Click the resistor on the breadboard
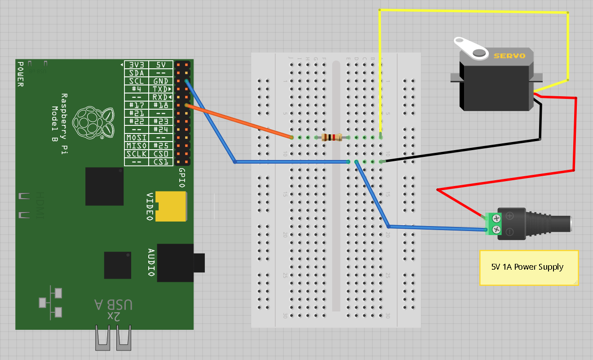pos(332,138)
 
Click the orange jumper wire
pos(238,121)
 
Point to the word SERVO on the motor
pos(509,56)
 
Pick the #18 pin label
pos(160,105)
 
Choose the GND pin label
pos(160,81)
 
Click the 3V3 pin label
pos(136,65)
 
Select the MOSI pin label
pos(136,138)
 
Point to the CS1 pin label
pos(160,162)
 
